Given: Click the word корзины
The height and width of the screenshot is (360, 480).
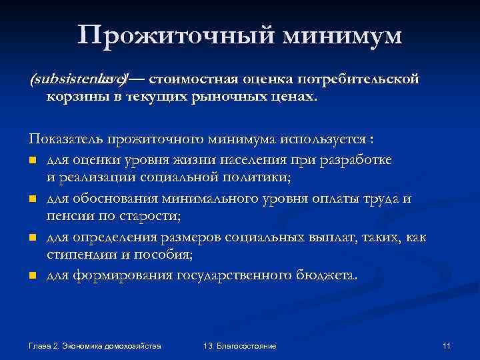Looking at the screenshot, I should tap(71, 97).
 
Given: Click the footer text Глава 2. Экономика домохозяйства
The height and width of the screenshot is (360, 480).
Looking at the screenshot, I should tap(95, 346).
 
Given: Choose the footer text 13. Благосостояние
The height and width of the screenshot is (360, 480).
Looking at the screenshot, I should tap(239, 346).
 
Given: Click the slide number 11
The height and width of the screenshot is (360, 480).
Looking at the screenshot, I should tap(447, 346).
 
